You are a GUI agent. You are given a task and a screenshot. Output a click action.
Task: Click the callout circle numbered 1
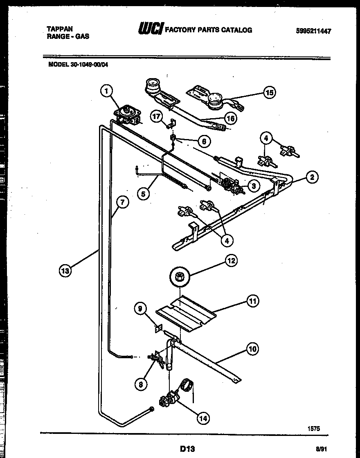pos(106,91)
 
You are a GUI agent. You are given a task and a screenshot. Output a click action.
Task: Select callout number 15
pos(269,92)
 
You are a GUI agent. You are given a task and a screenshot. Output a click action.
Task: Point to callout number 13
pos(65,270)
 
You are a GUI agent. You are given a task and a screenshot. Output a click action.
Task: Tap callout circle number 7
pos(122,202)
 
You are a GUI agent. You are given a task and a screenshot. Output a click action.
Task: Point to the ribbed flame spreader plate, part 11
pos(186,312)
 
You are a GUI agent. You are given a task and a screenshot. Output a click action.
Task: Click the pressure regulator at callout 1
pos(128,114)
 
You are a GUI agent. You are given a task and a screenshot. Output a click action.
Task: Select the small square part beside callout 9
pos(158,328)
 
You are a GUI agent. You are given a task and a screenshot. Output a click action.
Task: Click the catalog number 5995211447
pos(313,31)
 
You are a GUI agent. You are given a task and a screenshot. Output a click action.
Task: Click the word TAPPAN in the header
pos(60,29)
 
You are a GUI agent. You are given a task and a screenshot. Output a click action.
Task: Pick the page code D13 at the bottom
pos(187,449)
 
